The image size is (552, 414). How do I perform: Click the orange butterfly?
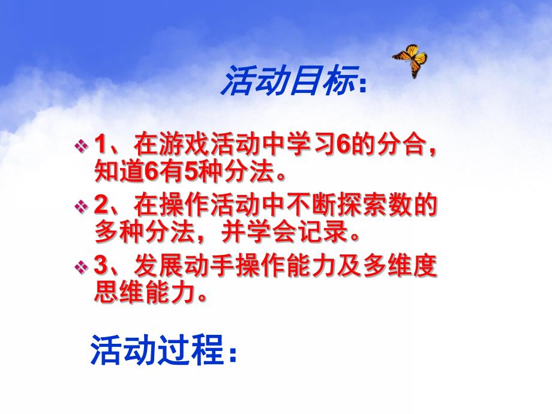click(x=410, y=60)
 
